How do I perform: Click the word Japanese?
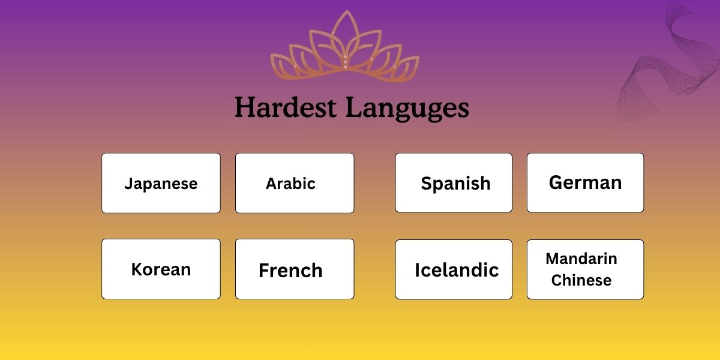coord(161,184)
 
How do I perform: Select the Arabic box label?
coord(290,184)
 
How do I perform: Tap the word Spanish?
coord(455,184)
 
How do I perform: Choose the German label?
coord(585,182)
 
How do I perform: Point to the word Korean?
coord(161,269)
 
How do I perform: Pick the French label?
coord(290,271)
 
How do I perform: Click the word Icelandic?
coord(457,270)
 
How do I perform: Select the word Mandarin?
coord(581,259)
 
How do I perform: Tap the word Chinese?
coord(581,280)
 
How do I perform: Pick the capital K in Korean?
coord(136,269)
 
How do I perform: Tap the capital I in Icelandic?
coord(417,270)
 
